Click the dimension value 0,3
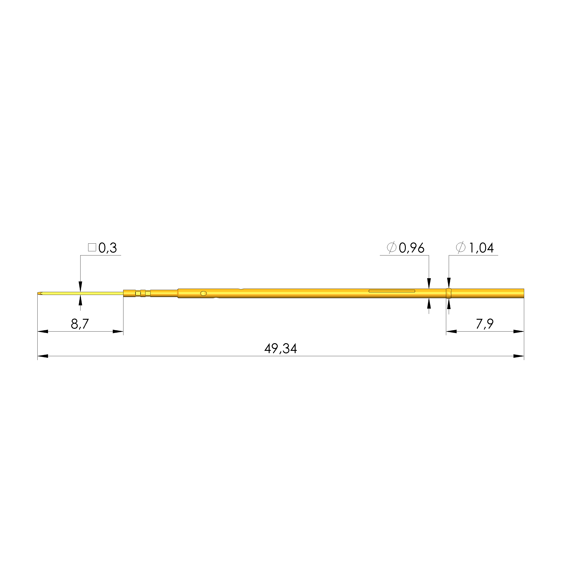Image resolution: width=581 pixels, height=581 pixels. point(107,248)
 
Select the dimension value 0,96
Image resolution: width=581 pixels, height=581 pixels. point(411,248)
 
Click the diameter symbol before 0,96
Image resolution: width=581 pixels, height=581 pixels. point(391,248)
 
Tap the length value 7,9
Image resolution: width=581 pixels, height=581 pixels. point(484,324)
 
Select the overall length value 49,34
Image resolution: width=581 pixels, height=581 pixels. point(281,349)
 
